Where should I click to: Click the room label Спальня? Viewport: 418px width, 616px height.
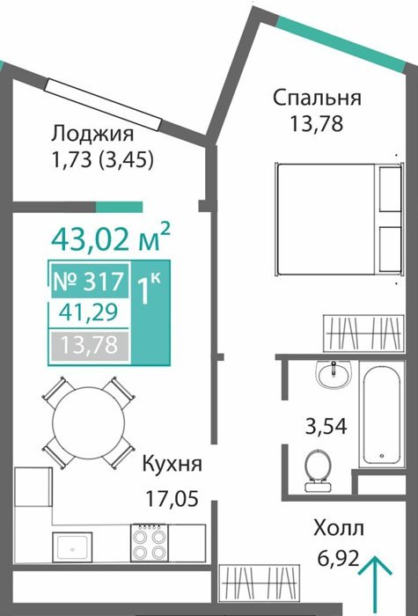click(x=317, y=98)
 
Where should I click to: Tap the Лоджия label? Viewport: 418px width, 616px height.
click(x=92, y=134)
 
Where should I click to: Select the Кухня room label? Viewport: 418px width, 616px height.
click(x=172, y=464)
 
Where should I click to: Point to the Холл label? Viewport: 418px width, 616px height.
click(x=339, y=528)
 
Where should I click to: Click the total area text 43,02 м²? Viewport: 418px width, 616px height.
click(x=111, y=238)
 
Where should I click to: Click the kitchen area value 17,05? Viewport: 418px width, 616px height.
click(x=172, y=499)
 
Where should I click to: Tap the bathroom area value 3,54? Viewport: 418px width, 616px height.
click(x=326, y=427)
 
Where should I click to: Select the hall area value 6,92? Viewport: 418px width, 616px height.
click(x=339, y=557)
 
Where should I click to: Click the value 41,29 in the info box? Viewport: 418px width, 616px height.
click(x=88, y=313)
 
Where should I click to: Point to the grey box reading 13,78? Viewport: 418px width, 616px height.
click(x=89, y=346)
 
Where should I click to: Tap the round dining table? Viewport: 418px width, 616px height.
click(x=88, y=422)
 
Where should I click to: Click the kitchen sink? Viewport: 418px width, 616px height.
click(x=72, y=547)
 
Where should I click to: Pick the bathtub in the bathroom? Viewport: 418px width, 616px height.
click(x=381, y=414)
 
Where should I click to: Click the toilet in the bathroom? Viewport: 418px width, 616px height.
click(x=318, y=471)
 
